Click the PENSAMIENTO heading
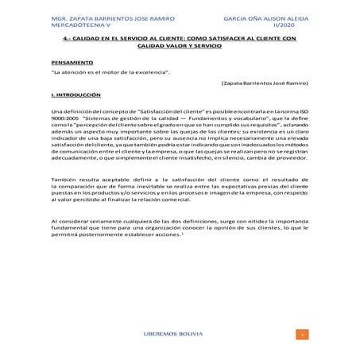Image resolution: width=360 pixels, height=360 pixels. pos(72,61)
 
